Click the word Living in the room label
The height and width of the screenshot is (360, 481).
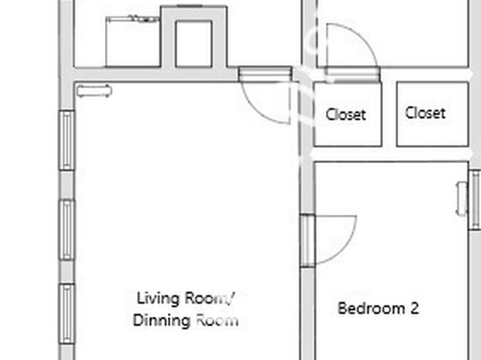click(157, 299)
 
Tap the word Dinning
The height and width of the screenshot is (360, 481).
click(161, 320)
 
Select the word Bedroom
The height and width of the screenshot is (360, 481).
click(371, 308)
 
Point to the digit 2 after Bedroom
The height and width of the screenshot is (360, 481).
click(415, 308)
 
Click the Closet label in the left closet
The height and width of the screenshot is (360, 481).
click(345, 115)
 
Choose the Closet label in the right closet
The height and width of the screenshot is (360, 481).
click(425, 113)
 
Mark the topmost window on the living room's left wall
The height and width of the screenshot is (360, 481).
click(66, 140)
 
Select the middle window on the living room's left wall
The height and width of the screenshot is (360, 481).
click(66, 229)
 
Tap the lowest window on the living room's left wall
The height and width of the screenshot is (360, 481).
click(66, 314)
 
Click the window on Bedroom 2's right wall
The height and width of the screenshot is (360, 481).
click(475, 200)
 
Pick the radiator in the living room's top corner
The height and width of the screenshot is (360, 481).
click(94, 91)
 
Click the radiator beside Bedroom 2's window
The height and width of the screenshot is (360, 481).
click(462, 199)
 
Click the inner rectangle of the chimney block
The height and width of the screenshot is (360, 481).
click(194, 44)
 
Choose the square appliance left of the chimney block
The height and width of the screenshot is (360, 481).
click(132, 42)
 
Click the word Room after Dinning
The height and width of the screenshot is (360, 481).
click(217, 320)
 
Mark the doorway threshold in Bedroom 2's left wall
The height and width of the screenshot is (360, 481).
click(307, 241)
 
